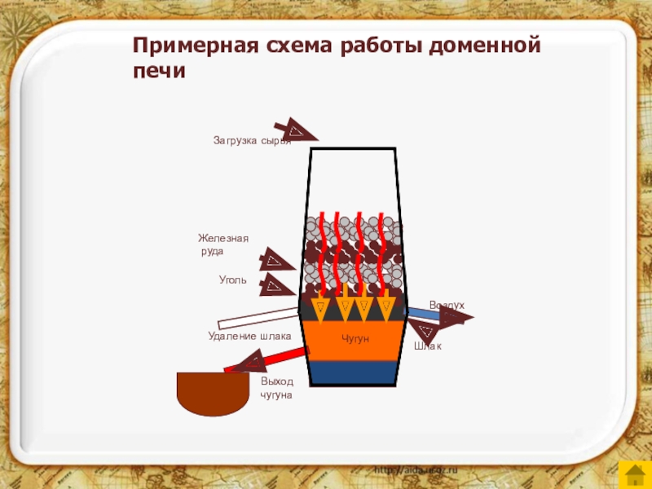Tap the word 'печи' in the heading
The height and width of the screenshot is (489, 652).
pos(160,72)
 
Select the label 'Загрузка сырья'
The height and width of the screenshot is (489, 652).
pos(251,140)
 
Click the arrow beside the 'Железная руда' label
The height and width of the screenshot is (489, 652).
pos(275,261)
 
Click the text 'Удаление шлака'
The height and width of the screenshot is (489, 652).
pos(249,336)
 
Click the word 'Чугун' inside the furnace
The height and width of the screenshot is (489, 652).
pos(355,337)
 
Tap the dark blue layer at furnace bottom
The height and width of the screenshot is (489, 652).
pos(354,372)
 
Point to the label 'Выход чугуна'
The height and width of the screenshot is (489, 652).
pos(276,388)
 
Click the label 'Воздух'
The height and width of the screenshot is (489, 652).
pos(447,305)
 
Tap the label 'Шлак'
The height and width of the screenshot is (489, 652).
pos(427,347)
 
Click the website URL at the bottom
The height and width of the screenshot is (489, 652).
pos(416,471)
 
